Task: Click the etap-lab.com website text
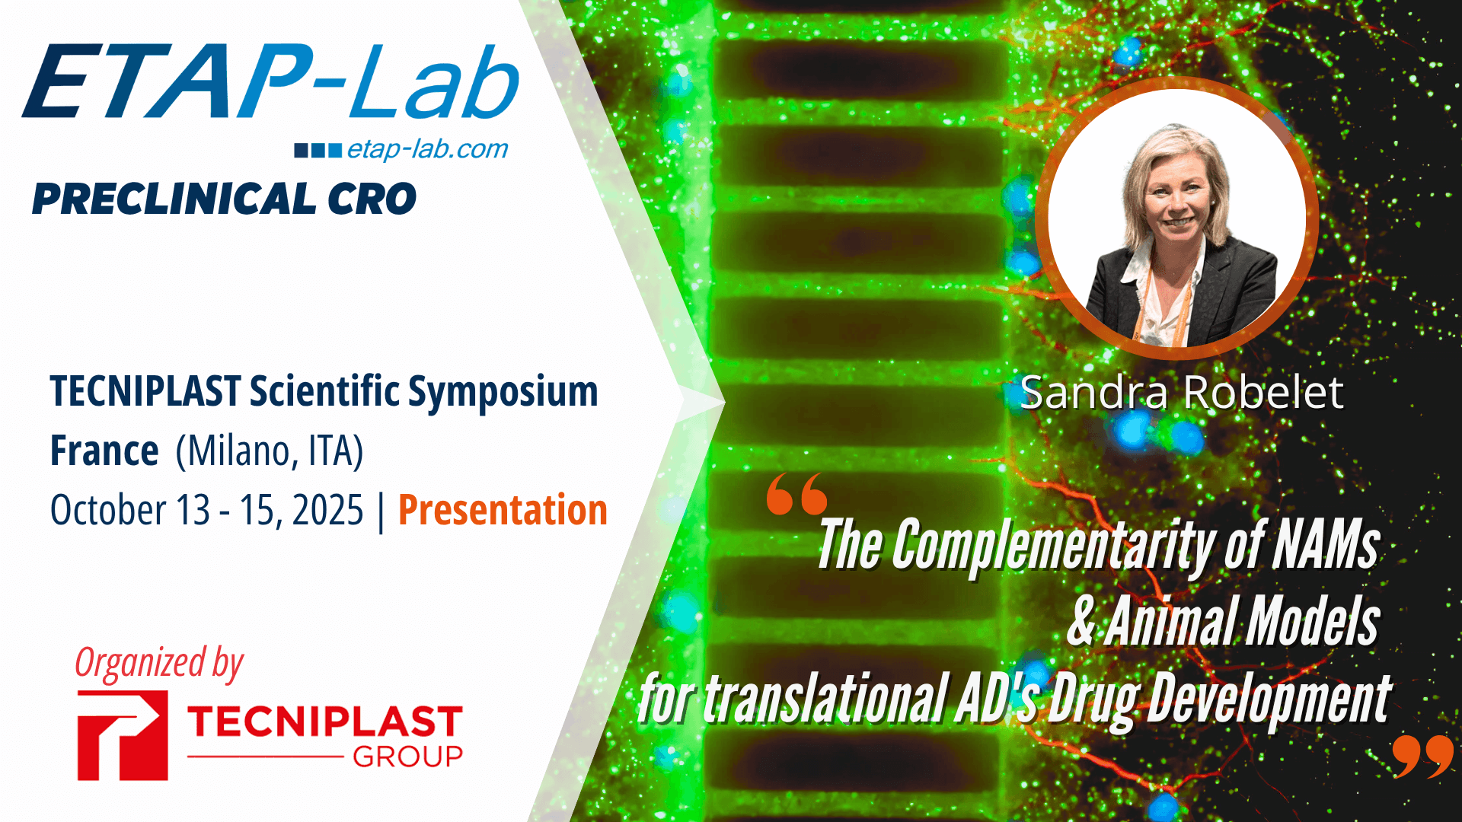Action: click(x=427, y=149)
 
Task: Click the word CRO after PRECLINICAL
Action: click(x=372, y=199)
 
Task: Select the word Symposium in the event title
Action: click(x=503, y=392)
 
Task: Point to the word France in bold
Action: click(x=104, y=451)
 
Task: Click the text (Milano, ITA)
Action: click(x=270, y=451)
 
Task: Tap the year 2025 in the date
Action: click(x=327, y=510)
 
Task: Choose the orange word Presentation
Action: click(x=503, y=510)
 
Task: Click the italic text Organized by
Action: click(x=159, y=663)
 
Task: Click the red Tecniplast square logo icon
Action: click(x=123, y=735)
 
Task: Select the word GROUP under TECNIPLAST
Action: click(x=407, y=757)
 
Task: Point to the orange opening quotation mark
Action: click(x=796, y=494)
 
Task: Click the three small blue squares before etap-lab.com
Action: click(x=318, y=150)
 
